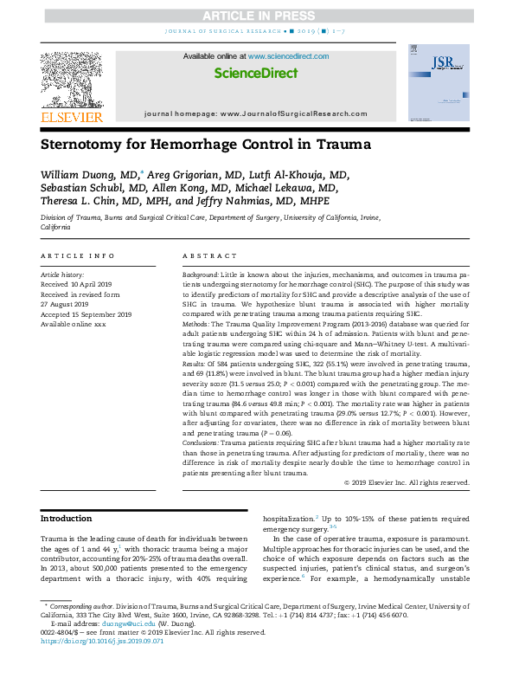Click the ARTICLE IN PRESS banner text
coord(253,16)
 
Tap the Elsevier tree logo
coord(71,79)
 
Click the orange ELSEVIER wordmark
coord(72,117)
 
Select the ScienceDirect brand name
coord(255,72)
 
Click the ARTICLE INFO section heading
coord(78,256)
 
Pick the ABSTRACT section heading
coord(209,256)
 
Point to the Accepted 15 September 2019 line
coord(86,314)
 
